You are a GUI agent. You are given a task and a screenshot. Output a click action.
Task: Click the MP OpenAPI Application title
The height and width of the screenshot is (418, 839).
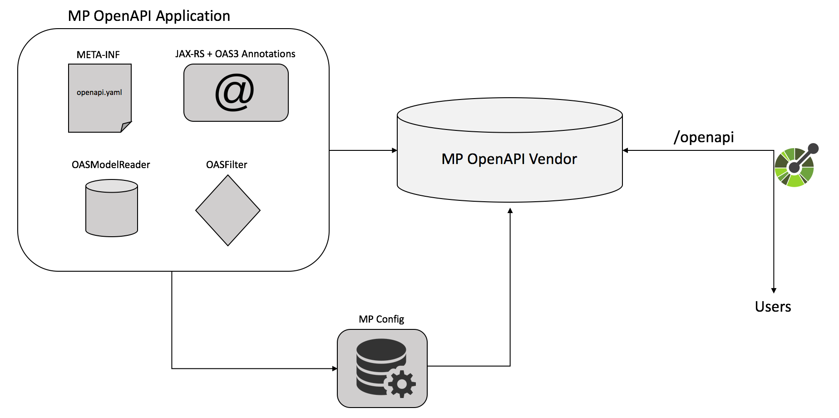pyautogui.click(x=149, y=16)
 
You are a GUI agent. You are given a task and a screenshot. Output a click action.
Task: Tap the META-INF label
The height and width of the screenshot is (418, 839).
pyautogui.click(x=98, y=55)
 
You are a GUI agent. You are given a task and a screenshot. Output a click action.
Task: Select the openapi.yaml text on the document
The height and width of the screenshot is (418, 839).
pyautogui.click(x=99, y=92)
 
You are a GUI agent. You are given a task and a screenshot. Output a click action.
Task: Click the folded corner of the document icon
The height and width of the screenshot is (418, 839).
pyautogui.click(x=126, y=127)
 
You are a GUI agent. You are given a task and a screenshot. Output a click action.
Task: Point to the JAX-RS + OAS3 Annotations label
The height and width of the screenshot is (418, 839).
pyautogui.click(x=235, y=54)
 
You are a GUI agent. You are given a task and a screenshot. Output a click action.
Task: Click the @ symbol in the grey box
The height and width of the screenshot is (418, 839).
pyautogui.click(x=235, y=93)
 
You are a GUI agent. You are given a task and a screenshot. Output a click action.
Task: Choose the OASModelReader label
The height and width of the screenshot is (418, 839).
pyautogui.click(x=111, y=165)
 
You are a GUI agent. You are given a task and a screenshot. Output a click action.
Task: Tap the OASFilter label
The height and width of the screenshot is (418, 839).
pyautogui.click(x=227, y=165)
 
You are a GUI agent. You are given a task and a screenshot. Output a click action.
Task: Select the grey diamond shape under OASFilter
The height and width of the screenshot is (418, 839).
pyautogui.click(x=228, y=210)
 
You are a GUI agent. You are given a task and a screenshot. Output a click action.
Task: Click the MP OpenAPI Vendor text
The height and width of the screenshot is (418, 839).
pyautogui.click(x=509, y=159)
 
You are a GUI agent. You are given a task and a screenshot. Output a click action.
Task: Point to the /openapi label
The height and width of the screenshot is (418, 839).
pyautogui.click(x=704, y=137)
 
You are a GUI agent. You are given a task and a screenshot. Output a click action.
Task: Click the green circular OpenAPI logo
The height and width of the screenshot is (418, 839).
pyautogui.click(x=795, y=167)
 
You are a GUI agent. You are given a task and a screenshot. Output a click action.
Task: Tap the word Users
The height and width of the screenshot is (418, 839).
pyautogui.click(x=773, y=307)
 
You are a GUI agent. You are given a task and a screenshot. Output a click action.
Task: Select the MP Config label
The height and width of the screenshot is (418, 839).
pyautogui.click(x=381, y=319)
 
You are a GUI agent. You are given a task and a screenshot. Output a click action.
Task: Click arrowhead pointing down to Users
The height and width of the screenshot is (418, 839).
pyautogui.click(x=774, y=290)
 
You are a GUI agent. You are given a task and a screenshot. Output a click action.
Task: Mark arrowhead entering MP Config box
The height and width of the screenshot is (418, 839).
pyautogui.click(x=335, y=368)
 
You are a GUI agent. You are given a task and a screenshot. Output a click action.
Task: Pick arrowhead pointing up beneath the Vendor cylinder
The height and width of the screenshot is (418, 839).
pyautogui.click(x=510, y=211)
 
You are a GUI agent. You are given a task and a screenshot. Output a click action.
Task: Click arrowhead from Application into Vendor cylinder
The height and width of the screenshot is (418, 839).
pyautogui.click(x=395, y=150)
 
